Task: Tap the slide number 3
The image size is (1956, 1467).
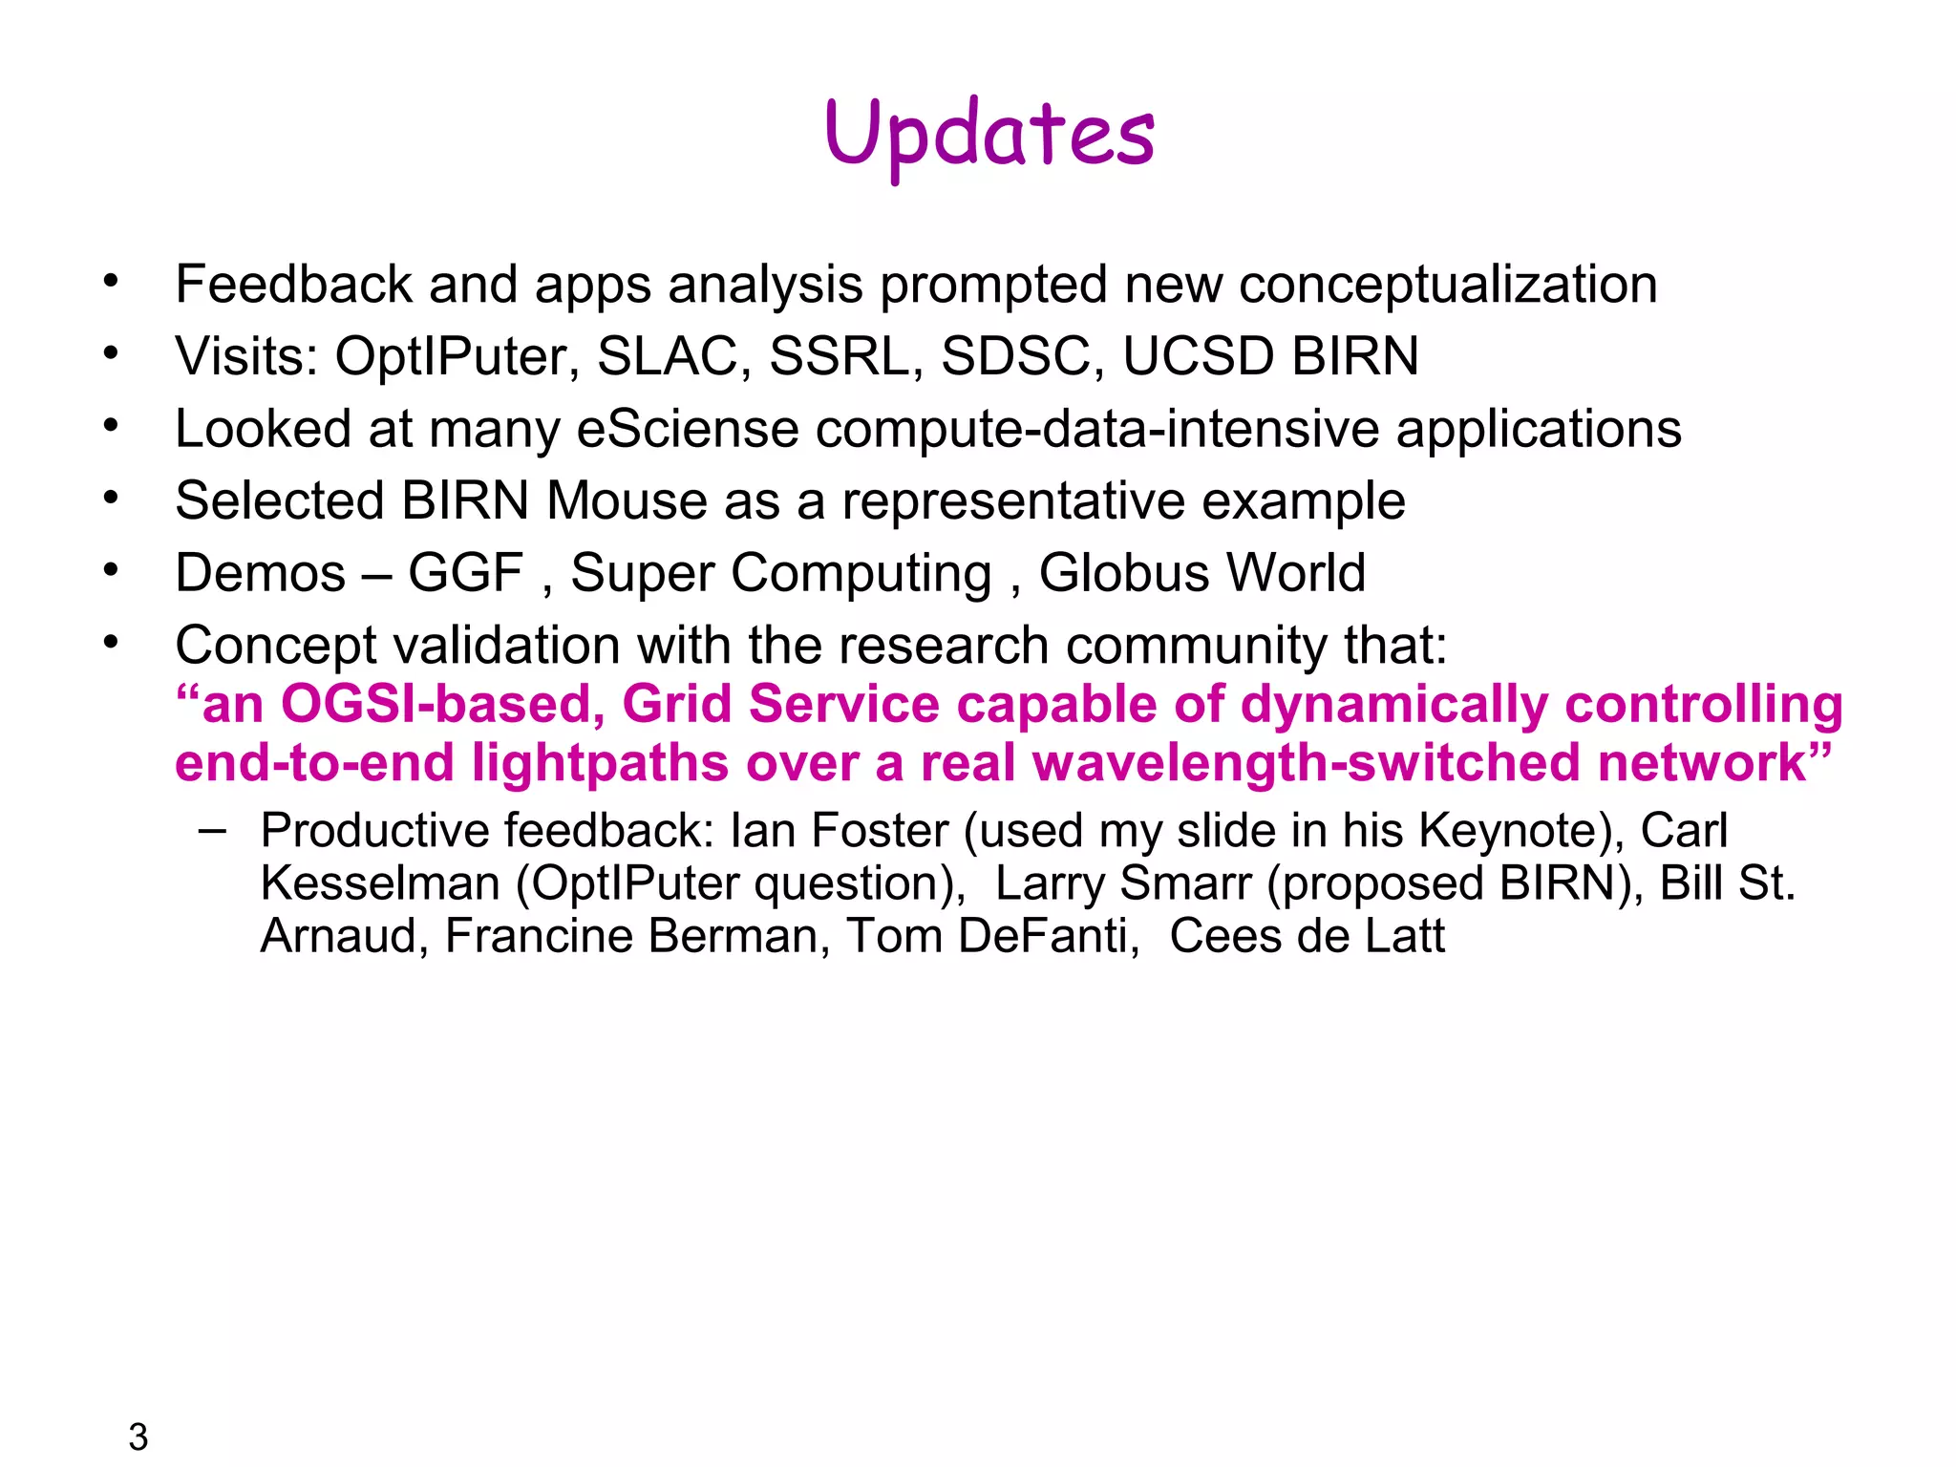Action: (138, 1436)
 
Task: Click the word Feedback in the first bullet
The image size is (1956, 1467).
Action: (293, 285)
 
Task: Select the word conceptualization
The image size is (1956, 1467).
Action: (1447, 285)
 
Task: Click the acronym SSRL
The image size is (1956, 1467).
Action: (838, 356)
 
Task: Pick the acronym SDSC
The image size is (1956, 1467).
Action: (1016, 356)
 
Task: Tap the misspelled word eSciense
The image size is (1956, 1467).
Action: (688, 429)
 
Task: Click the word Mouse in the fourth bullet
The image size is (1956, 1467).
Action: (627, 500)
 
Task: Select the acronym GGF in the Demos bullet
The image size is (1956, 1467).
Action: (466, 573)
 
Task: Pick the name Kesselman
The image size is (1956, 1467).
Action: (380, 883)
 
